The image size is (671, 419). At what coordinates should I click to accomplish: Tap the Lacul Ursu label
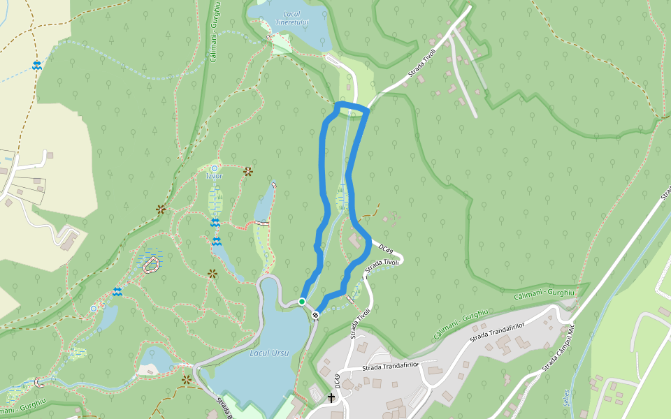pyautogui.click(x=269, y=353)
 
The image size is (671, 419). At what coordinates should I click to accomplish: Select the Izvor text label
pyautogui.click(x=214, y=176)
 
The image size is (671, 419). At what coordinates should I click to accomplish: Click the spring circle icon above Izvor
pyautogui.click(x=214, y=168)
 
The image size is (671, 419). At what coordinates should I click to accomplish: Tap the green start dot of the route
pyautogui.click(x=301, y=302)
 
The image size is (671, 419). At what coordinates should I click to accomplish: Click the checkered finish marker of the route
pyautogui.click(x=316, y=315)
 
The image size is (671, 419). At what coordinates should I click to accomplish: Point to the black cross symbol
pyautogui.click(x=331, y=398)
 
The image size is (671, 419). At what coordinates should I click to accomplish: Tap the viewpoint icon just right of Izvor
pyautogui.click(x=247, y=171)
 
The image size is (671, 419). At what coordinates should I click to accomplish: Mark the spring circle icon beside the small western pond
pyautogui.click(x=94, y=308)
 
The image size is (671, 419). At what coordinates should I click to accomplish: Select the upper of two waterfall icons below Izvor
pyautogui.click(x=215, y=223)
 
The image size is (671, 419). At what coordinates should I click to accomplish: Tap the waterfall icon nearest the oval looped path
pyautogui.click(x=117, y=292)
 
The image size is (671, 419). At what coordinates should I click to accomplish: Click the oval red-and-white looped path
pyautogui.click(x=151, y=264)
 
